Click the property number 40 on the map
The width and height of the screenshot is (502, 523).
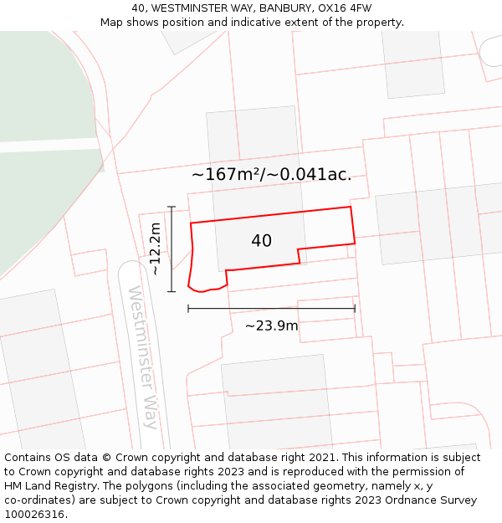[x=261, y=241]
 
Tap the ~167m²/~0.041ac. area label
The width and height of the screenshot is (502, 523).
[x=271, y=175]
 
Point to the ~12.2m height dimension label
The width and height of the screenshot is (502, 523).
[x=154, y=249]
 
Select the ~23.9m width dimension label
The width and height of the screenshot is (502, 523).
[x=271, y=326]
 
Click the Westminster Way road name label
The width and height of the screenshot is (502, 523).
[x=142, y=356]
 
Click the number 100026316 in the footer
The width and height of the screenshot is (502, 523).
[x=33, y=515]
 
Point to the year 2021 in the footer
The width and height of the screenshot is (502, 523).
[x=319, y=458]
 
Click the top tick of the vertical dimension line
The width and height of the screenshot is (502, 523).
[x=172, y=207]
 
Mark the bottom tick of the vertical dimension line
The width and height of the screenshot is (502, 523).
[x=172, y=291]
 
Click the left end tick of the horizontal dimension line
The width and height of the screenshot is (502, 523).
[x=188, y=309]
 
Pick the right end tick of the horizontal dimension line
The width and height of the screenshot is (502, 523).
[x=355, y=309]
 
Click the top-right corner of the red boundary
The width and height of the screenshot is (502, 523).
[x=350, y=207]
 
